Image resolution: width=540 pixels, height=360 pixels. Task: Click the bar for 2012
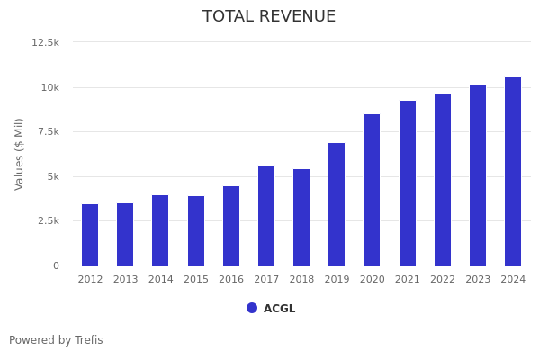coord(90,235)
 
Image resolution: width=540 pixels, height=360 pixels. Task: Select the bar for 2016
coord(231,226)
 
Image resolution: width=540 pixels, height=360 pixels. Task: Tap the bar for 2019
coord(337,204)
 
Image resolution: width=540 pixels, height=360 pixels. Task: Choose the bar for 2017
coord(266,215)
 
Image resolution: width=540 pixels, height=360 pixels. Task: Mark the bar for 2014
coord(160,230)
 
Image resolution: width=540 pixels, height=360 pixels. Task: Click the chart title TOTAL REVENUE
coord(269,17)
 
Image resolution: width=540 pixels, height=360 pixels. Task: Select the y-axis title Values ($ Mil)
coord(20,154)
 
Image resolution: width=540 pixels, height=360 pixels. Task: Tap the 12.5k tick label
coord(46,42)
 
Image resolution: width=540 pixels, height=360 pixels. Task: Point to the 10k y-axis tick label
coord(49,87)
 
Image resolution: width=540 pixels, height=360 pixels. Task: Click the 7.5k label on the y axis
coord(48,131)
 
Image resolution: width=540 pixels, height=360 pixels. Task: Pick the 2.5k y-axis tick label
coord(48,220)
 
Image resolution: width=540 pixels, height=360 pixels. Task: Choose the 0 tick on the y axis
coord(56,265)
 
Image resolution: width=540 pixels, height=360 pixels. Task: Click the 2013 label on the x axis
coord(125,280)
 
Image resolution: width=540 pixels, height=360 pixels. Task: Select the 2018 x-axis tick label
coord(301,280)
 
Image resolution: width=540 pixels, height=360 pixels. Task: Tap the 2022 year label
coord(443,280)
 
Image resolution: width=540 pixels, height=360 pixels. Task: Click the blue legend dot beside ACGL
coord(252,308)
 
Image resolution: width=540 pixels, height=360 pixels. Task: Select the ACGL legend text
coord(279,309)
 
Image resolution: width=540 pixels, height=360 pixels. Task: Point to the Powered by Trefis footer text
coord(56,340)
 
